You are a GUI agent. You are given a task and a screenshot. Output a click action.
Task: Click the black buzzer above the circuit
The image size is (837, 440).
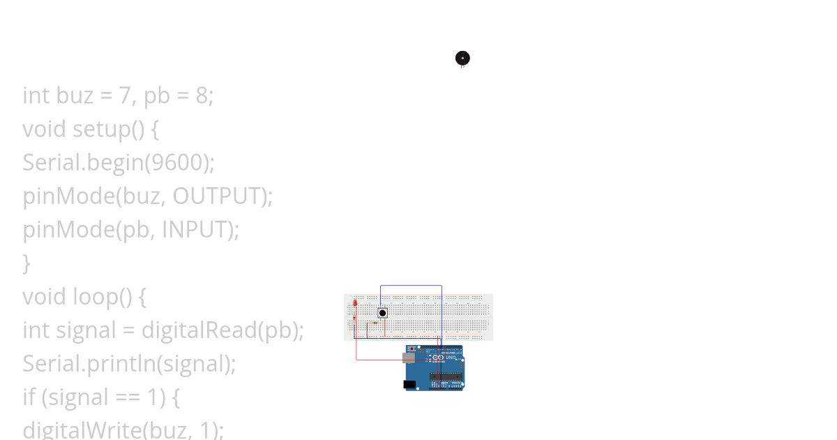pos(462,58)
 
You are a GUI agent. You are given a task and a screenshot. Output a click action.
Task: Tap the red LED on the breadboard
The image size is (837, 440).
pos(355,303)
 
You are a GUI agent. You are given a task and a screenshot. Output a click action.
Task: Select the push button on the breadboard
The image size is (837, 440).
pos(382,313)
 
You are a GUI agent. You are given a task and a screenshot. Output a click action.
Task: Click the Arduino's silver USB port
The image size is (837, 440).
pos(409,358)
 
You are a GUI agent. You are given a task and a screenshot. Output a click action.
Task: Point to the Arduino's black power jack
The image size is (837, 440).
pos(409,384)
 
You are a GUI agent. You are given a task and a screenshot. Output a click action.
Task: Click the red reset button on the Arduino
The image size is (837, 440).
pos(412,349)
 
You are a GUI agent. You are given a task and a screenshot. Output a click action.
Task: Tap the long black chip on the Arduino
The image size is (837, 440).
pos(446,377)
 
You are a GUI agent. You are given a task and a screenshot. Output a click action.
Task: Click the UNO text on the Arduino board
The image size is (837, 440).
pos(450,357)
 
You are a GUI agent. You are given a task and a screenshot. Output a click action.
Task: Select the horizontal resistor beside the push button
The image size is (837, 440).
pos(375,323)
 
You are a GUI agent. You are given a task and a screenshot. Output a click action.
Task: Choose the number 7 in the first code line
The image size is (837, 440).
pos(124,96)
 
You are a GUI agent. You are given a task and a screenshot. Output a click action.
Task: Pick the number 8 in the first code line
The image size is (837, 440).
pos(202,96)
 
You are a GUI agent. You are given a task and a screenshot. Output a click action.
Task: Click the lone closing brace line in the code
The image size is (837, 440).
pos(27,263)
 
